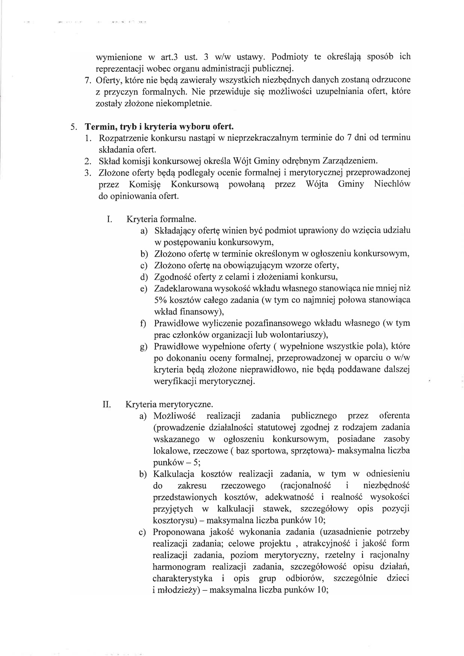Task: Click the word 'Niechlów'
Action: [392, 184]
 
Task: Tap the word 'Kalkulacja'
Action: [174, 474]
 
